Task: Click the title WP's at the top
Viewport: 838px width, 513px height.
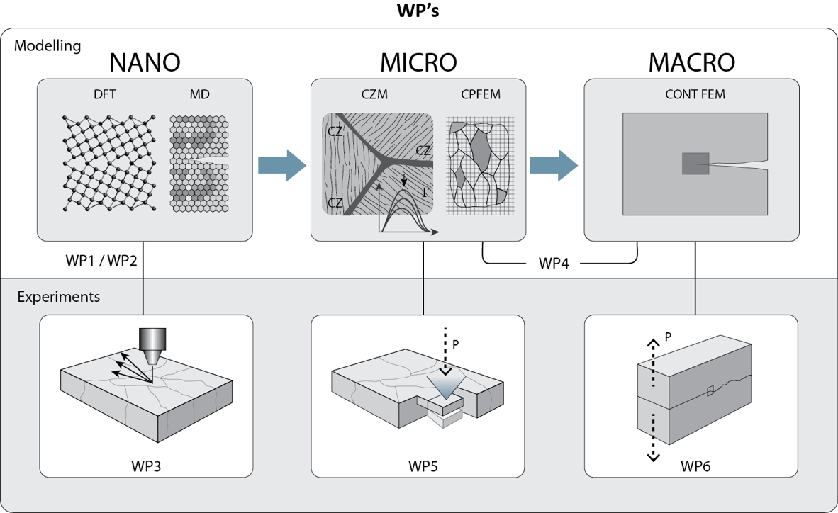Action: pos(418,12)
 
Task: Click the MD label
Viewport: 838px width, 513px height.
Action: pos(200,95)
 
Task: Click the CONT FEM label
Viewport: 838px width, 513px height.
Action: pos(692,95)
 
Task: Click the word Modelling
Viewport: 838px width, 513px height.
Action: pos(48,46)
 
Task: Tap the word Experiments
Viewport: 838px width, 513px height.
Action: pos(58,296)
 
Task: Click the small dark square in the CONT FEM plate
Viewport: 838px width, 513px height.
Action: pos(695,164)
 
